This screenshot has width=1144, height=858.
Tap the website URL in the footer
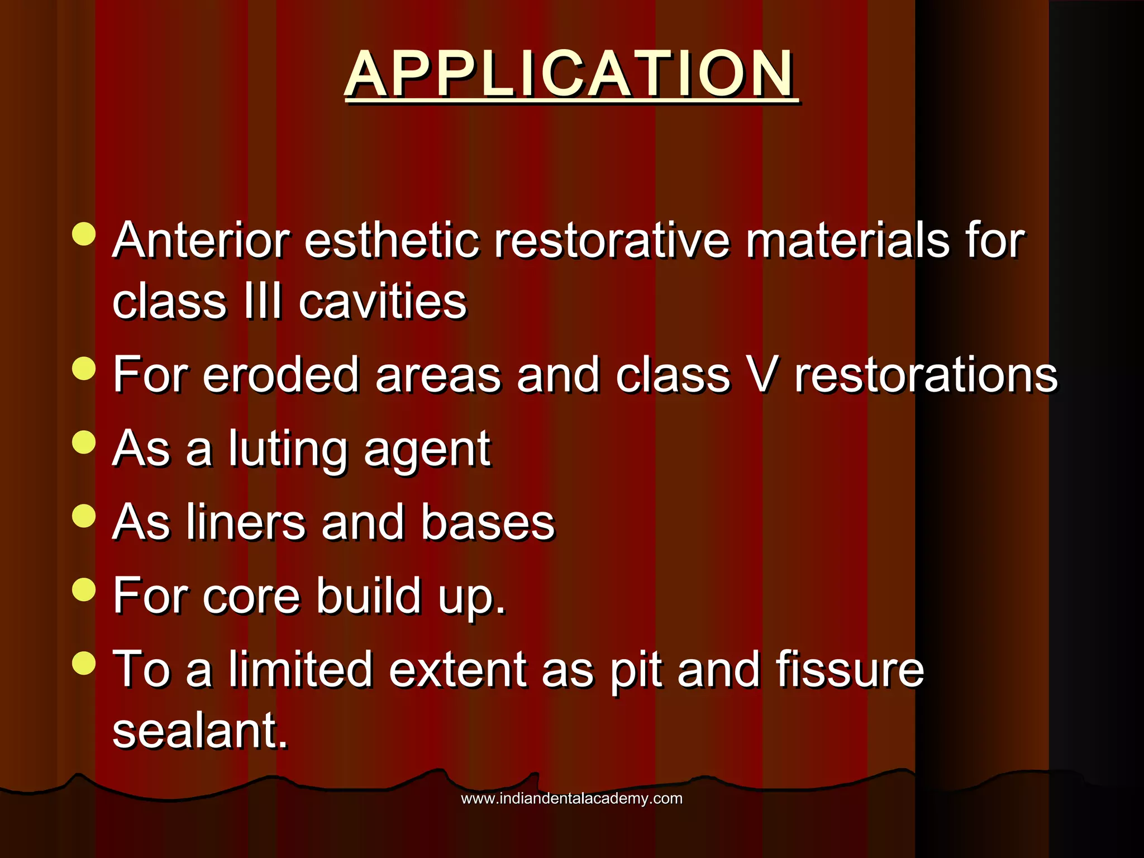click(571, 798)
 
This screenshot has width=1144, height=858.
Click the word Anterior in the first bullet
click(201, 240)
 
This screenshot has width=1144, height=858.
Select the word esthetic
click(392, 240)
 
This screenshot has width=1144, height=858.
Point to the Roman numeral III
click(263, 302)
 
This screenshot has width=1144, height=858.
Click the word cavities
click(383, 302)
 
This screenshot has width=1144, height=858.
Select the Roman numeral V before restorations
click(761, 375)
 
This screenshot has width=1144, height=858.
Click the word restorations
click(926, 375)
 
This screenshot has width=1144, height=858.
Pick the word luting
click(288, 449)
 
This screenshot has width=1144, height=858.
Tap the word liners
click(246, 522)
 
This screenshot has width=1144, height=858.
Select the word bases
click(488, 522)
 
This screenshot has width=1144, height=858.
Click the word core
click(251, 596)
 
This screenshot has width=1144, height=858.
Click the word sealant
click(200, 731)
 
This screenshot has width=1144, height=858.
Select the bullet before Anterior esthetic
click(84, 233)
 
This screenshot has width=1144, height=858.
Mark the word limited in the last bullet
click(301, 669)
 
